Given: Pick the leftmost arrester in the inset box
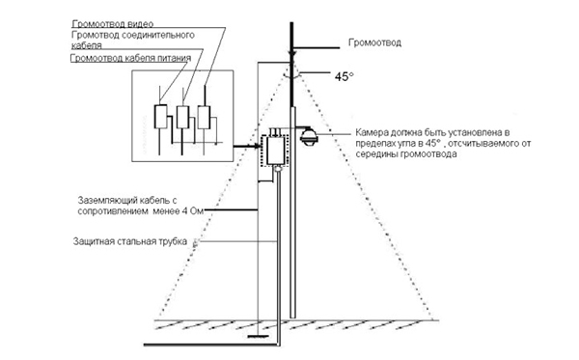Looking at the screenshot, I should tap(160, 117).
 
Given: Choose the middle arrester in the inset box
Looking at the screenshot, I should tap(181, 118).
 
